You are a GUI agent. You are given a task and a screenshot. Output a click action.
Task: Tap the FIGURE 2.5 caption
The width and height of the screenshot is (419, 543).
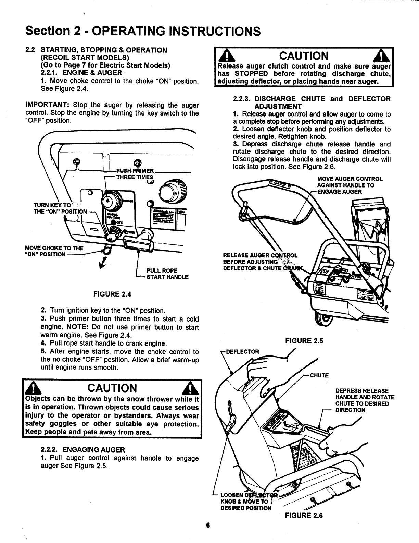304,341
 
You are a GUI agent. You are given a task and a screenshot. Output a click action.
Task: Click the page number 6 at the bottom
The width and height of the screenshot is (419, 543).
208,526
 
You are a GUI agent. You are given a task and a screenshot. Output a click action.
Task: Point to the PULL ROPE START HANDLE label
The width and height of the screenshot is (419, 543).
167,274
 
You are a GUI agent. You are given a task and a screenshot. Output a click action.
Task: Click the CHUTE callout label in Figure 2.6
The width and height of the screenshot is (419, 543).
319,375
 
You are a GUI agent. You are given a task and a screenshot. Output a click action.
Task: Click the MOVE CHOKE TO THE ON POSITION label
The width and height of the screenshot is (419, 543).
53,251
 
